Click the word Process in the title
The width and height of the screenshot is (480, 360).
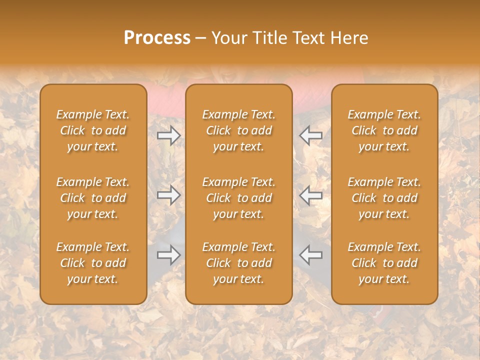[157, 38]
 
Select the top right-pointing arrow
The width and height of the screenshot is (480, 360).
[168, 135]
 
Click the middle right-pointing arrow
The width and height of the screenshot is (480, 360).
[168, 195]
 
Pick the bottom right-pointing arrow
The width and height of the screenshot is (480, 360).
[168, 255]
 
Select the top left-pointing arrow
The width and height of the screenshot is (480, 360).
[311, 135]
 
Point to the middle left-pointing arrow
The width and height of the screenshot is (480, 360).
[311, 195]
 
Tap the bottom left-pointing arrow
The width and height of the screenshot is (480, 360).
[311, 255]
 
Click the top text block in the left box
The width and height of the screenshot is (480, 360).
[93, 130]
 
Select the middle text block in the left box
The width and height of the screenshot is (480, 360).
[93, 198]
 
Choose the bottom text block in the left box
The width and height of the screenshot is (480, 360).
[93, 263]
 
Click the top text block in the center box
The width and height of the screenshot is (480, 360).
[238, 130]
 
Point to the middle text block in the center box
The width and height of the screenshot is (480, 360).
[238, 198]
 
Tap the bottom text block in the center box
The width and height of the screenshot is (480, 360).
[238, 263]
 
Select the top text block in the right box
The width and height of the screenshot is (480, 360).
[384, 130]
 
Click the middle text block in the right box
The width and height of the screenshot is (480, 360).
[384, 198]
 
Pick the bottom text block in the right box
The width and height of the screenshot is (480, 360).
[384, 263]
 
